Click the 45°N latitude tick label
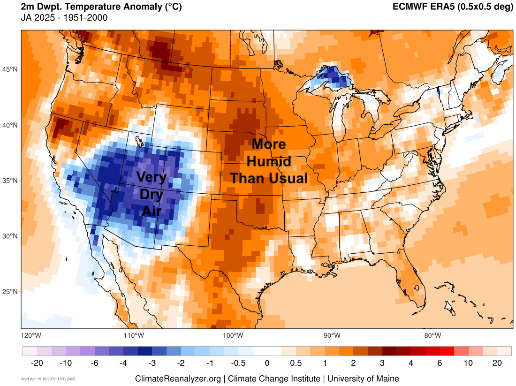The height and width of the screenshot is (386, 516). tap(11, 69)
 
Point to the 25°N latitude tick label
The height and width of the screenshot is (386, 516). tap(11, 292)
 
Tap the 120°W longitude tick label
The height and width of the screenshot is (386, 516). tap(31, 335)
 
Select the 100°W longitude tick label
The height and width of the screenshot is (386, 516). tap(233, 335)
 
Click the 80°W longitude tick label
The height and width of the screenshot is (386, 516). tap(433, 335)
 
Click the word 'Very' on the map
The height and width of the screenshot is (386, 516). tap(151, 177)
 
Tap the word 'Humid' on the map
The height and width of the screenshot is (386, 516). tap(269, 162)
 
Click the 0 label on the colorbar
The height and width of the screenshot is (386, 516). tap(267, 363)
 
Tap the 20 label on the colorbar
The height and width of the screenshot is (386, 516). tap(497, 363)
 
